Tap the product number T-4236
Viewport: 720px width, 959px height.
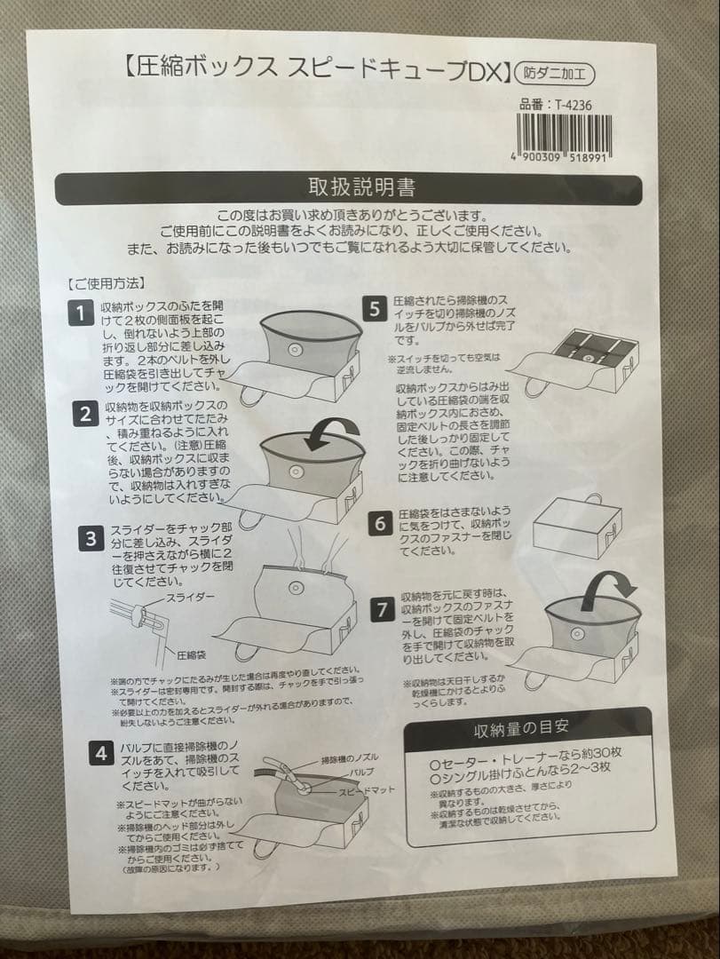pyautogui.click(x=557, y=104)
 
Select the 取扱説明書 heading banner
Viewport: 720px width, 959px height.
pyautogui.click(x=360, y=188)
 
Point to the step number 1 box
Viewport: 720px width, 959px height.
pyautogui.click(x=83, y=313)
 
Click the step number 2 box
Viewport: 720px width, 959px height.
pyautogui.click(x=85, y=414)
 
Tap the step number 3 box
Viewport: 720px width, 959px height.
pyautogui.click(x=91, y=538)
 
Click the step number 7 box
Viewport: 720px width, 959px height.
pyautogui.click(x=382, y=610)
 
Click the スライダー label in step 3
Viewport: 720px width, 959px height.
pyautogui.click(x=189, y=597)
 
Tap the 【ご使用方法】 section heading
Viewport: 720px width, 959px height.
pyautogui.click(x=105, y=284)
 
